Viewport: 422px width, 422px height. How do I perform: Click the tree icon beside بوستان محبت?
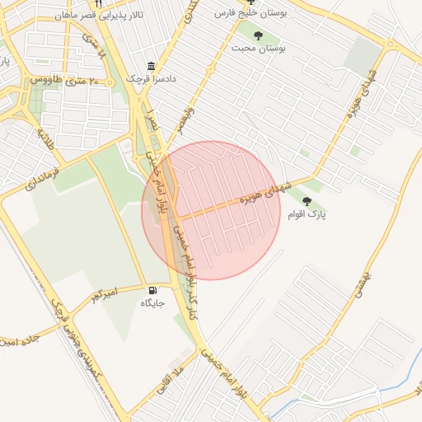pyautogui.click(x=259, y=35)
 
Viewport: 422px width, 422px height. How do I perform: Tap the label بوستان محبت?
pyautogui.click(x=258, y=49)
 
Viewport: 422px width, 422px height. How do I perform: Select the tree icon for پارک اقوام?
pyautogui.click(x=307, y=201)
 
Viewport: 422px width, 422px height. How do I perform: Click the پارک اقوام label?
pyautogui.click(x=307, y=214)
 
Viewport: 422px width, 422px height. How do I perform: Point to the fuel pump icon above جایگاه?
pyautogui.click(x=153, y=290)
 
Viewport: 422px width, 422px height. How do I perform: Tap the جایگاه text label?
pyautogui.click(x=153, y=303)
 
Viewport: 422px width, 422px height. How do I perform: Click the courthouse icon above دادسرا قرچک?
pyautogui.click(x=151, y=66)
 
